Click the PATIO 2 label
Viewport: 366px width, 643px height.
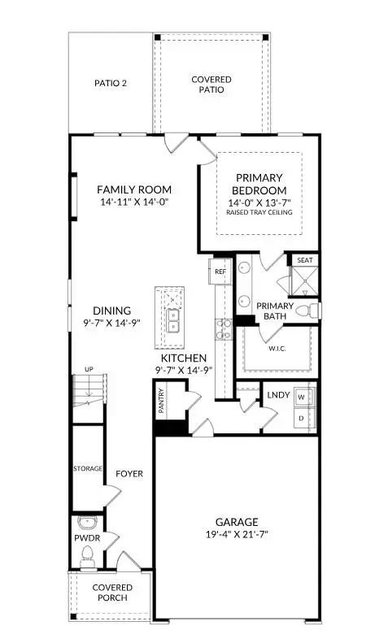[x=111, y=83]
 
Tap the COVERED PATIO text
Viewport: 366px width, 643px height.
[x=211, y=85]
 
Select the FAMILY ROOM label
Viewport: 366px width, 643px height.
[x=133, y=188]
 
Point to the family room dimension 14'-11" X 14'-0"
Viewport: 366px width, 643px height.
[x=133, y=202]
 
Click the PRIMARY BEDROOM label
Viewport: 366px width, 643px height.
[x=259, y=184]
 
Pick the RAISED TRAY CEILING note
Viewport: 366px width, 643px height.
[x=259, y=213]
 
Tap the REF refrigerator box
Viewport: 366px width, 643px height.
[x=220, y=272]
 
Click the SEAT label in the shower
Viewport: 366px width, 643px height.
[x=305, y=261]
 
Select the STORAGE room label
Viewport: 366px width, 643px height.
[x=88, y=469]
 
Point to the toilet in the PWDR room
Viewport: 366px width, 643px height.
[x=88, y=555]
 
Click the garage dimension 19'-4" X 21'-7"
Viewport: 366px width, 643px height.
[x=237, y=535]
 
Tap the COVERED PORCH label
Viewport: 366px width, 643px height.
[x=112, y=593]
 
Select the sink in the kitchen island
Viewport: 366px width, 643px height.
[x=173, y=321]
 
